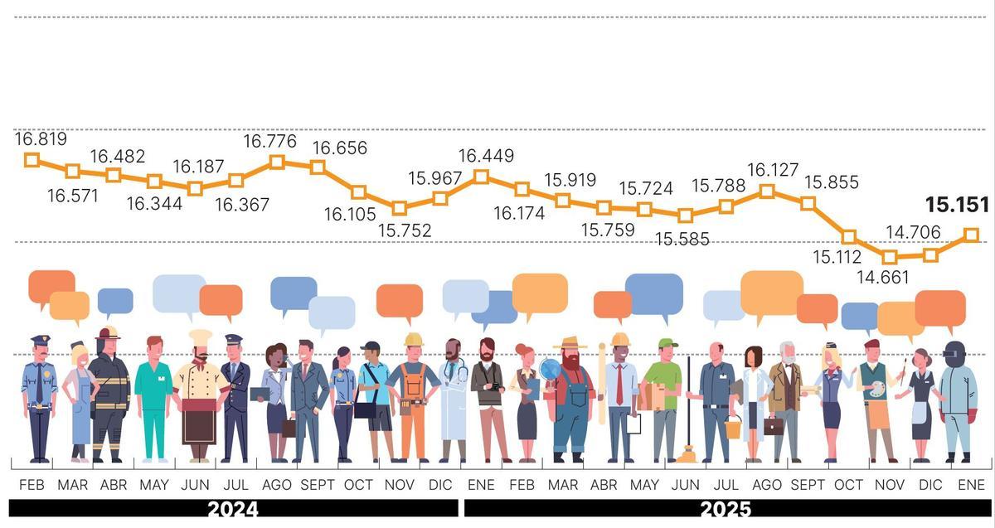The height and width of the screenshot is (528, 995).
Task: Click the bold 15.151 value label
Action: click(957, 205)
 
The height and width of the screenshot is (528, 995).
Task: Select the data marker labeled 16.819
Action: click(32, 159)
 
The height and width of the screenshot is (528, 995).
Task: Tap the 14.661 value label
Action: click(883, 277)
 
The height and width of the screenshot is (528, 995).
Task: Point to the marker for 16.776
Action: click(277, 162)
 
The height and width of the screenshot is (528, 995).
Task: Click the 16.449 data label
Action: click(486, 156)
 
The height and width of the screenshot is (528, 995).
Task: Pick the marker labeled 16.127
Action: click(767, 191)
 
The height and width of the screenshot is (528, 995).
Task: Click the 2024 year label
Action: click(233, 509)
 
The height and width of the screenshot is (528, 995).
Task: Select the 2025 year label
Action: click(726, 509)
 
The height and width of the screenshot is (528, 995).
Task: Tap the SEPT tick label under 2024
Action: click(317, 485)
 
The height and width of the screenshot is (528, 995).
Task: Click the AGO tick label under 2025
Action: click(767, 485)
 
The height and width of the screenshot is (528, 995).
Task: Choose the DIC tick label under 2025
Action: click(930, 485)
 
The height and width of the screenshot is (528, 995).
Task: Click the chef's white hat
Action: click(200, 338)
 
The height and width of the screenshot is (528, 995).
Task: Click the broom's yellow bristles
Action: click(686, 454)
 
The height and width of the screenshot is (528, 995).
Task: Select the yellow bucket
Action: click(733, 428)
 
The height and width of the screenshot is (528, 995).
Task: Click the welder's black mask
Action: click(955, 351)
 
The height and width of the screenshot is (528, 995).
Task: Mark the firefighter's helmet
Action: click(107, 333)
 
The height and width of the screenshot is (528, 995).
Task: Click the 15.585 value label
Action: click(682, 240)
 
